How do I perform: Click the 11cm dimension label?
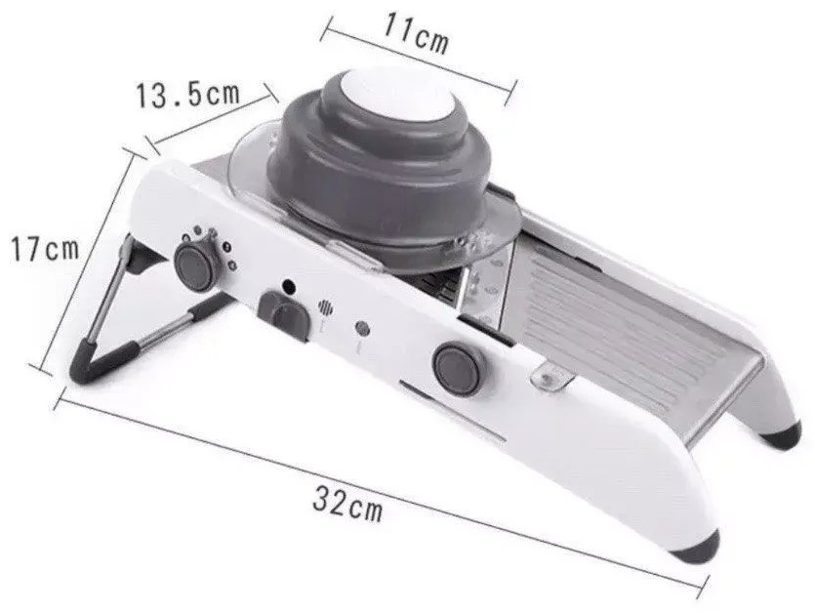click(415, 33)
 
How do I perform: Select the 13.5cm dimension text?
click(187, 95)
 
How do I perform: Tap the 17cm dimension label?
click(45, 249)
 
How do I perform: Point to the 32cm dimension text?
click(347, 503)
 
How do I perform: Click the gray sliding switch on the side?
click(285, 313)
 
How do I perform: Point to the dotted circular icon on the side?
click(325, 307)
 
